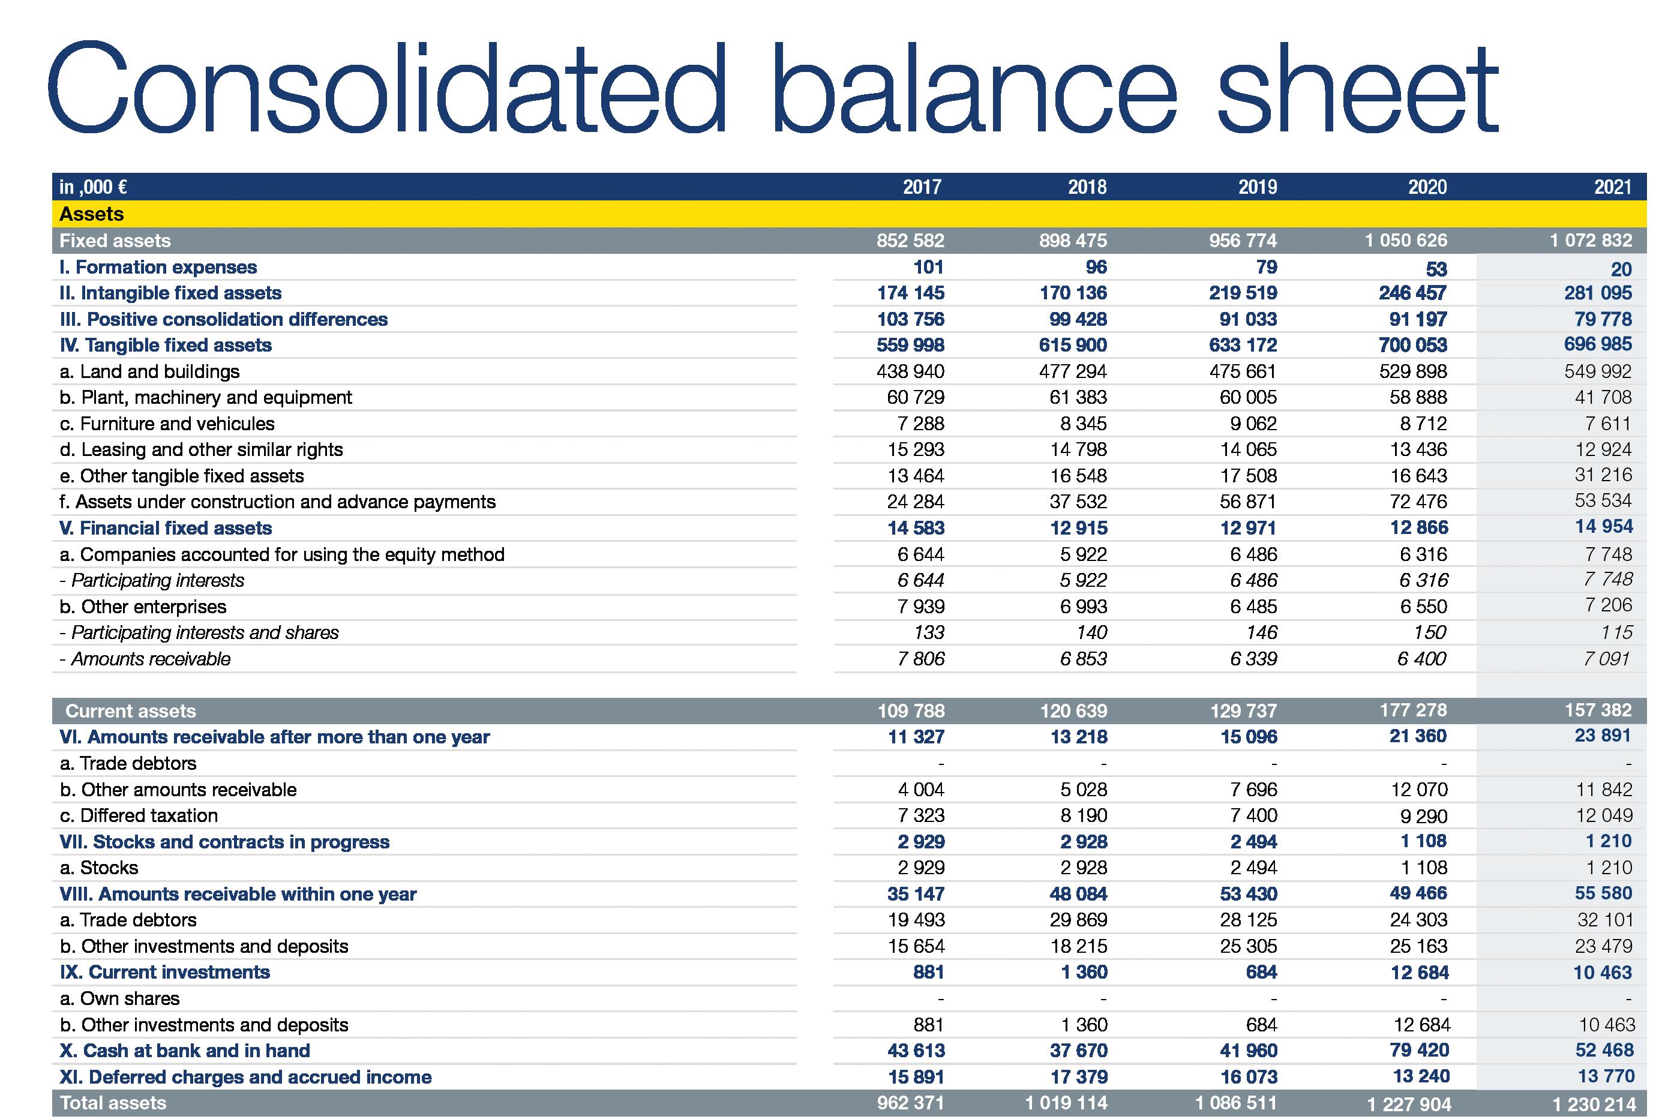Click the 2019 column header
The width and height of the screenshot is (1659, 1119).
[x=1257, y=187]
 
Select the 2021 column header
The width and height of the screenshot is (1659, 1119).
[x=1613, y=187]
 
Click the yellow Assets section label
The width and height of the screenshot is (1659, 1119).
[x=91, y=214]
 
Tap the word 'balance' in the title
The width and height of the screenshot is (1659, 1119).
[x=973, y=89]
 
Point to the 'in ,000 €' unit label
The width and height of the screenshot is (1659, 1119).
[x=93, y=187]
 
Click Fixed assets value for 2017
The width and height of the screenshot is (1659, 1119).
[x=910, y=241]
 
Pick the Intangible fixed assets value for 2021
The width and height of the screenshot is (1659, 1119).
[x=1598, y=293]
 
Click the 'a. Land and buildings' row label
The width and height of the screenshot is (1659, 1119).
[x=149, y=371]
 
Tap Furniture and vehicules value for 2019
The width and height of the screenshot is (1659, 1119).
[x=1253, y=423]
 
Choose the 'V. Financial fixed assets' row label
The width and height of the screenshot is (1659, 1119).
[x=166, y=528]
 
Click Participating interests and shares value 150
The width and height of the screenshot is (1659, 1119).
[x=1429, y=632]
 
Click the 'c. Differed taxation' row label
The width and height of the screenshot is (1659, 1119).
[x=139, y=815]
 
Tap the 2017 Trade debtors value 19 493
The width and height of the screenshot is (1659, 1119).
[x=916, y=920]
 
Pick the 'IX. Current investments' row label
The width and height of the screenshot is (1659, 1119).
[x=165, y=972]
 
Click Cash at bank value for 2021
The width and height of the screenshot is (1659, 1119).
[x=1603, y=1050]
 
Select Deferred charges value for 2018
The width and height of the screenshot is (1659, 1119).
[x=1078, y=1077]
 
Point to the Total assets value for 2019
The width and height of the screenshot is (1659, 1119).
[x=1236, y=1103]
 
